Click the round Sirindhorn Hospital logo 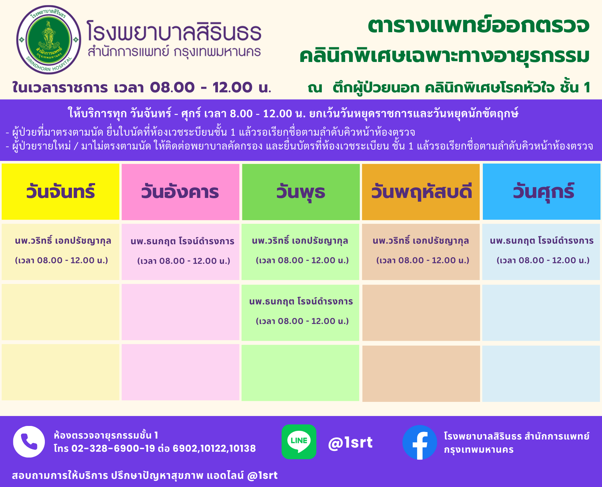(48, 40)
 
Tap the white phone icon (29, 442)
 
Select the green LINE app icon (299, 442)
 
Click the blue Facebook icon (420, 442)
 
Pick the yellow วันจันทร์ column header (61, 192)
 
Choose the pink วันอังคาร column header (180, 192)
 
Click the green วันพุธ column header (301, 192)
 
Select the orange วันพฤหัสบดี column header (421, 192)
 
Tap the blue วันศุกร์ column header (541, 192)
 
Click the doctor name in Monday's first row (63, 241)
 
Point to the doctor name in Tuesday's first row (182, 241)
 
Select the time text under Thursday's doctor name (423, 260)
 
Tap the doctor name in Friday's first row (542, 241)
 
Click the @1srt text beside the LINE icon (350, 442)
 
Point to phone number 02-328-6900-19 (113, 448)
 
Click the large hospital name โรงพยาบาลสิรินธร (174, 31)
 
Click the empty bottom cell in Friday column (541, 373)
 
